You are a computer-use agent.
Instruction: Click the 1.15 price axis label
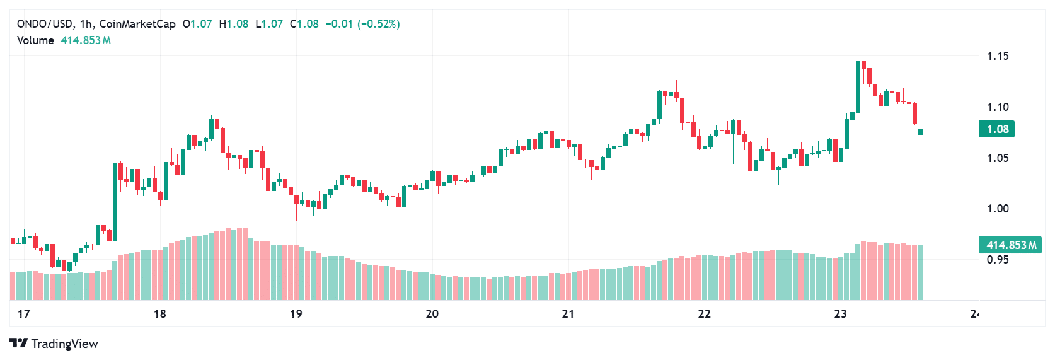coord(998,56)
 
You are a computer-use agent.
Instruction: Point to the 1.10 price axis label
coord(998,107)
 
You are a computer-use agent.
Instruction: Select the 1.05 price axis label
coord(998,158)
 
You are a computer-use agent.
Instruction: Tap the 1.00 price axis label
coord(998,209)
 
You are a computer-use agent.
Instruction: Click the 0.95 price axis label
coord(998,260)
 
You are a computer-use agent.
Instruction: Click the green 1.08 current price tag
coord(997,129)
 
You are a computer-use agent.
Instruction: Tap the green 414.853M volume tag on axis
coord(1010,245)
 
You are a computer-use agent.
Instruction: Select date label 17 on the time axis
coord(24,314)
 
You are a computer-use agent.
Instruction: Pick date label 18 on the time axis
coord(160,314)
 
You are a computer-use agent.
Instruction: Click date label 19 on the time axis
coord(296,314)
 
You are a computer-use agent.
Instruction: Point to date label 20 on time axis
coord(432,314)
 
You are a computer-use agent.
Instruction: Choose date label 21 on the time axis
coord(568,314)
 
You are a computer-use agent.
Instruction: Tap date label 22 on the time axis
coord(705,314)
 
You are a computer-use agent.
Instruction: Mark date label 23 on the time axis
coord(841,314)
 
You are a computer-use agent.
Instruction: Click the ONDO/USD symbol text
coord(45,24)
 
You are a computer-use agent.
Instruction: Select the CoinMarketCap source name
coord(137,24)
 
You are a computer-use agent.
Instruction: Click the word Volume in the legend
coord(35,40)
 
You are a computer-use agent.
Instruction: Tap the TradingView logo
coord(54,344)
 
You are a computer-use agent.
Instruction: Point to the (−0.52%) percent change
coord(379,24)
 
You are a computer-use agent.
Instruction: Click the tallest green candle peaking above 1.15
coord(858,86)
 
